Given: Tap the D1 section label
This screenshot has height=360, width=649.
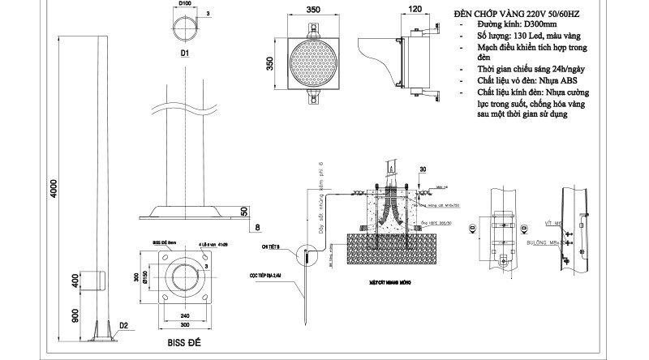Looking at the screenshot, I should [x=185, y=53].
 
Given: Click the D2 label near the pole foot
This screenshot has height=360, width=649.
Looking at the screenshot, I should [x=123, y=326].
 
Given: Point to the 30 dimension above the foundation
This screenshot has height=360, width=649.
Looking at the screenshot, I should [x=422, y=169].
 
